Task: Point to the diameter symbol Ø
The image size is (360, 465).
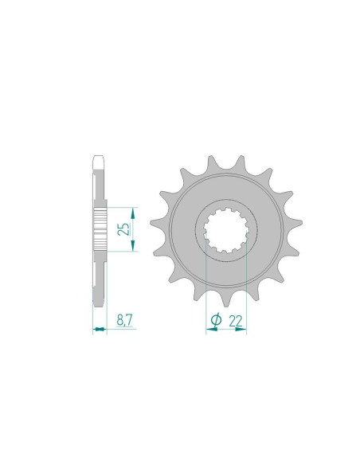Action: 216,320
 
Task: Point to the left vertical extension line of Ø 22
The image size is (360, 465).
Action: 206,287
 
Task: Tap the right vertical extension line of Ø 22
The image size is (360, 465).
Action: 246,287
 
